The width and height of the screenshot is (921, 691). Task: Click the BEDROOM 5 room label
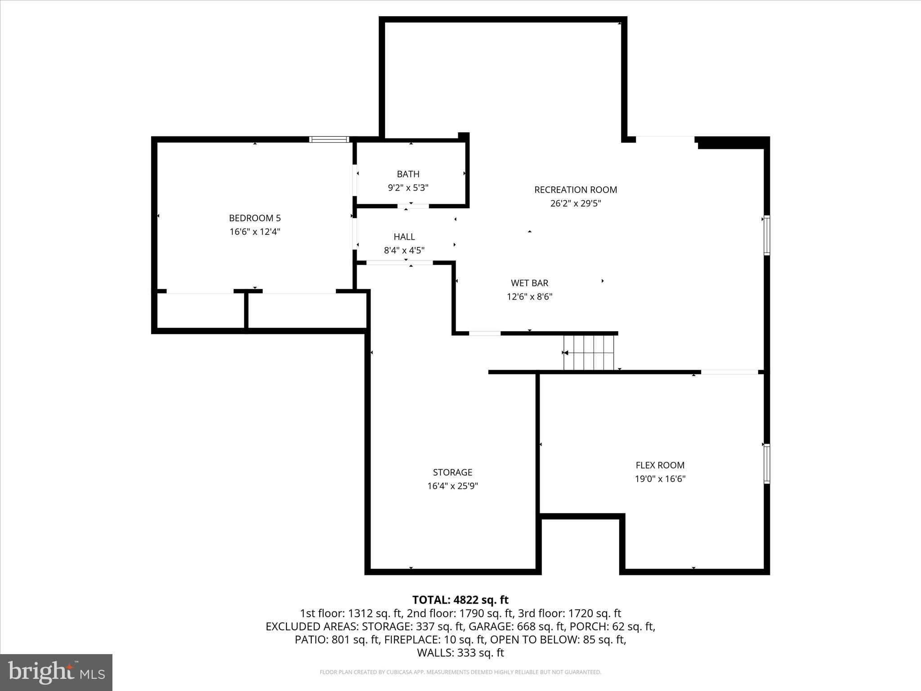tap(255, 218)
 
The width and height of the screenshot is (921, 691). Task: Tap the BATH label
tap(408, 174)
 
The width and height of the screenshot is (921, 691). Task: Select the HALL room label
tap(404, 237)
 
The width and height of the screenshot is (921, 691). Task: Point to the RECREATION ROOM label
tap(575, 190)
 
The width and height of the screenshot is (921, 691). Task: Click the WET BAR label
tap(529, 283)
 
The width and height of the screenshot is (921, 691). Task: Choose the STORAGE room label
tap(452, 472)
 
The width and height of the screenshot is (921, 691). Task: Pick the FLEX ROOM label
tap(660, 465)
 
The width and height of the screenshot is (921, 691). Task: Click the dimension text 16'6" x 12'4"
tap(255, 232)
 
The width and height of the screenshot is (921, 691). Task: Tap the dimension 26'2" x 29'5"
tap(575, 203)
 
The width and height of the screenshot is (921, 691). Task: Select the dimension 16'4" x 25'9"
tap(452, 486)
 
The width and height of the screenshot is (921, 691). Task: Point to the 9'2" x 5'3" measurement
tap(408, 188)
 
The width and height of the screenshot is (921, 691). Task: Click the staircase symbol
tap(589, 353)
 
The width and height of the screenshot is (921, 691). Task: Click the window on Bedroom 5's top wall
tap(330, 139)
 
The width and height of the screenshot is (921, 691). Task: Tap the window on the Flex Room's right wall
tap(767, 464)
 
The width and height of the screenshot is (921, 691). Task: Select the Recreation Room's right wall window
tap(767, 236)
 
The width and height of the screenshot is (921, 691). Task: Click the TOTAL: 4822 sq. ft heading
tap(460, 600)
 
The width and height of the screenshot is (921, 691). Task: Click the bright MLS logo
tap(56, 672)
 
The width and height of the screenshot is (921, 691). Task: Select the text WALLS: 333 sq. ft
tap(460, 652)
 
